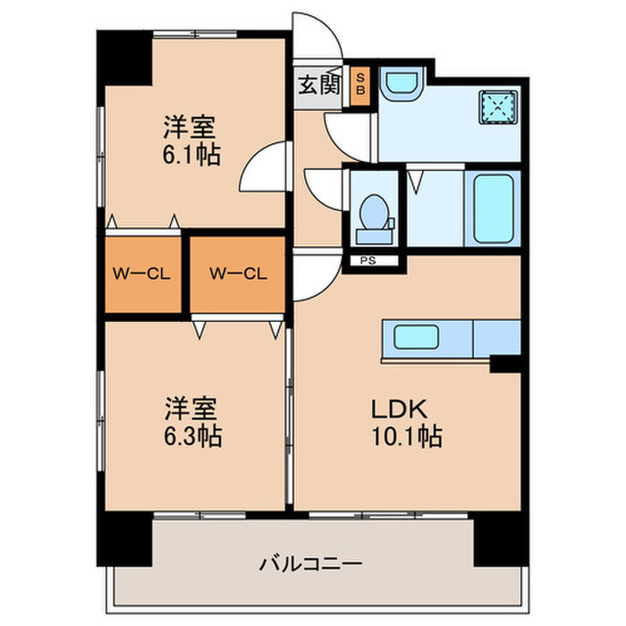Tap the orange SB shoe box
pos(361,87)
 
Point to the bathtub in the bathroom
pos(492,209)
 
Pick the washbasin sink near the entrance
pos(400,86)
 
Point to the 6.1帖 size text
pos(191,154)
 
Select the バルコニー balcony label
pos(310,564)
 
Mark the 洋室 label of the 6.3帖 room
pos(190,409)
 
